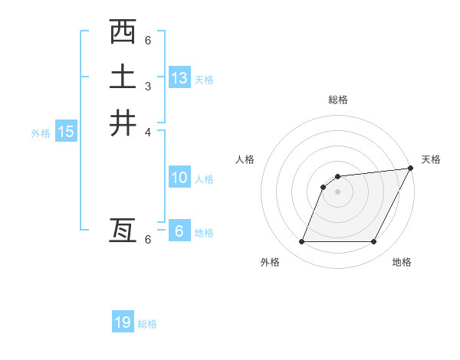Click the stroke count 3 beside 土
(148, 85)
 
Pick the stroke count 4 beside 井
(148, 131)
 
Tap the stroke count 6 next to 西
(148, 40)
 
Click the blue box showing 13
(179, 77)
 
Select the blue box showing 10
(179, 178)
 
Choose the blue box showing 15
(66, 132)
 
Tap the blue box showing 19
(123, 322)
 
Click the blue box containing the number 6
(179, 231)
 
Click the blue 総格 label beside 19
(147, 324)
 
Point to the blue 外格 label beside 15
(41, 133)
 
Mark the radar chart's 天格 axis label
(431, 159)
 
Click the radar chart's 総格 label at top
(337, 100)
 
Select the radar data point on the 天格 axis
(410, 169)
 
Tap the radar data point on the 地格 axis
(373, 241)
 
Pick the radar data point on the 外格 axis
(301, 241)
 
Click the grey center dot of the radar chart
(337, 191)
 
